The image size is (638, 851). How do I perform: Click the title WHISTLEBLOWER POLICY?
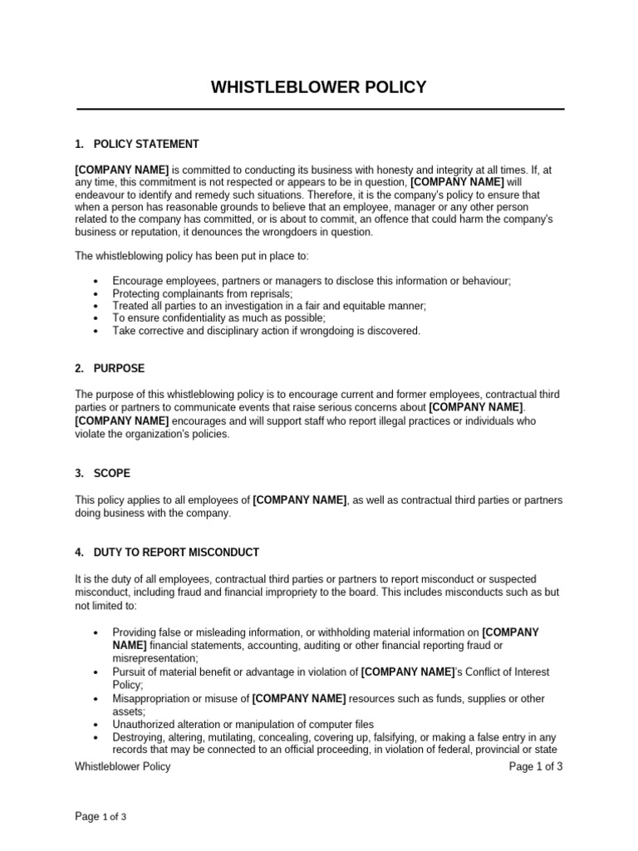click(319, 87)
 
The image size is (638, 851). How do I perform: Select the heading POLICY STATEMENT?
click(146, 144)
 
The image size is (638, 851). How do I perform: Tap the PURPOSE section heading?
click(120, 368)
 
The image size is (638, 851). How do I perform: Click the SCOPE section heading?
click(114, 473)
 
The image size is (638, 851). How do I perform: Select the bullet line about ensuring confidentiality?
click(219, 318)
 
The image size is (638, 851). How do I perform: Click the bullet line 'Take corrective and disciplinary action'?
click(267, 331)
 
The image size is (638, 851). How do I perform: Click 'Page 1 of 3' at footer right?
click(536, 766)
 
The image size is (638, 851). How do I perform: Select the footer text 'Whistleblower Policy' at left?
click(123, 766)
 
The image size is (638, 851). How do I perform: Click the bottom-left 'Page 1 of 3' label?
click(101, 817)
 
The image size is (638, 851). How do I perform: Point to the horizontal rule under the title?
click(321, 109)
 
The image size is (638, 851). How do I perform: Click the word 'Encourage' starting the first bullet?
click(137, 282)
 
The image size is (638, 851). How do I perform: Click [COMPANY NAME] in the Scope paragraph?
click(299, 500)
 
